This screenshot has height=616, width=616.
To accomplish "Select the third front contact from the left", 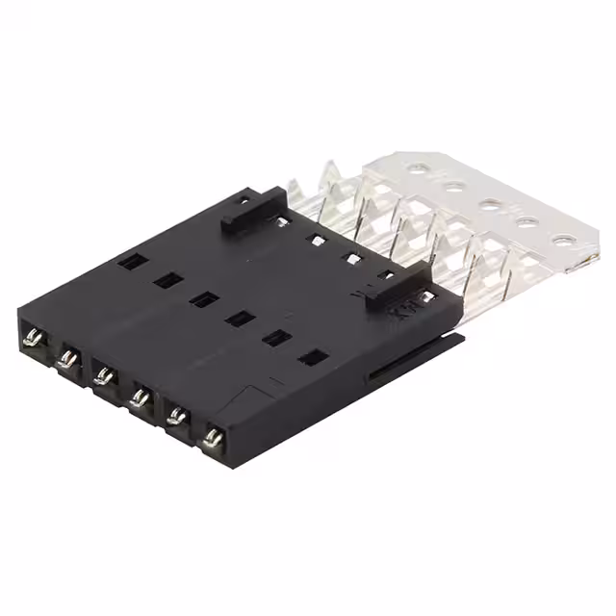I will pyautogui.click(x=103, y=375).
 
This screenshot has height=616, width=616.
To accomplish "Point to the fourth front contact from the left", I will pyautogui.click(x=139, y=395).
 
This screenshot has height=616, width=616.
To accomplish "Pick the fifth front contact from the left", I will pyautogui.click(x=175, y=416).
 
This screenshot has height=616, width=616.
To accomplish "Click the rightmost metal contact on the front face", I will pyautogui.click(x=213, y=438).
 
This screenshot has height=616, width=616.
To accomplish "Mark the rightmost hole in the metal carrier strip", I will pyautogui.click(x=560, y=241).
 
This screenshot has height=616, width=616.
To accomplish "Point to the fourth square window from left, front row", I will pyautogui.click(x=239, y=318).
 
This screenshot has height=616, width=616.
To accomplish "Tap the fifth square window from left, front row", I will pyautogui.click(x=276, y=337).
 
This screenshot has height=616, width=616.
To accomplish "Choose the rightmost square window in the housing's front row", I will pyautogui.click(x=311, y=357).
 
